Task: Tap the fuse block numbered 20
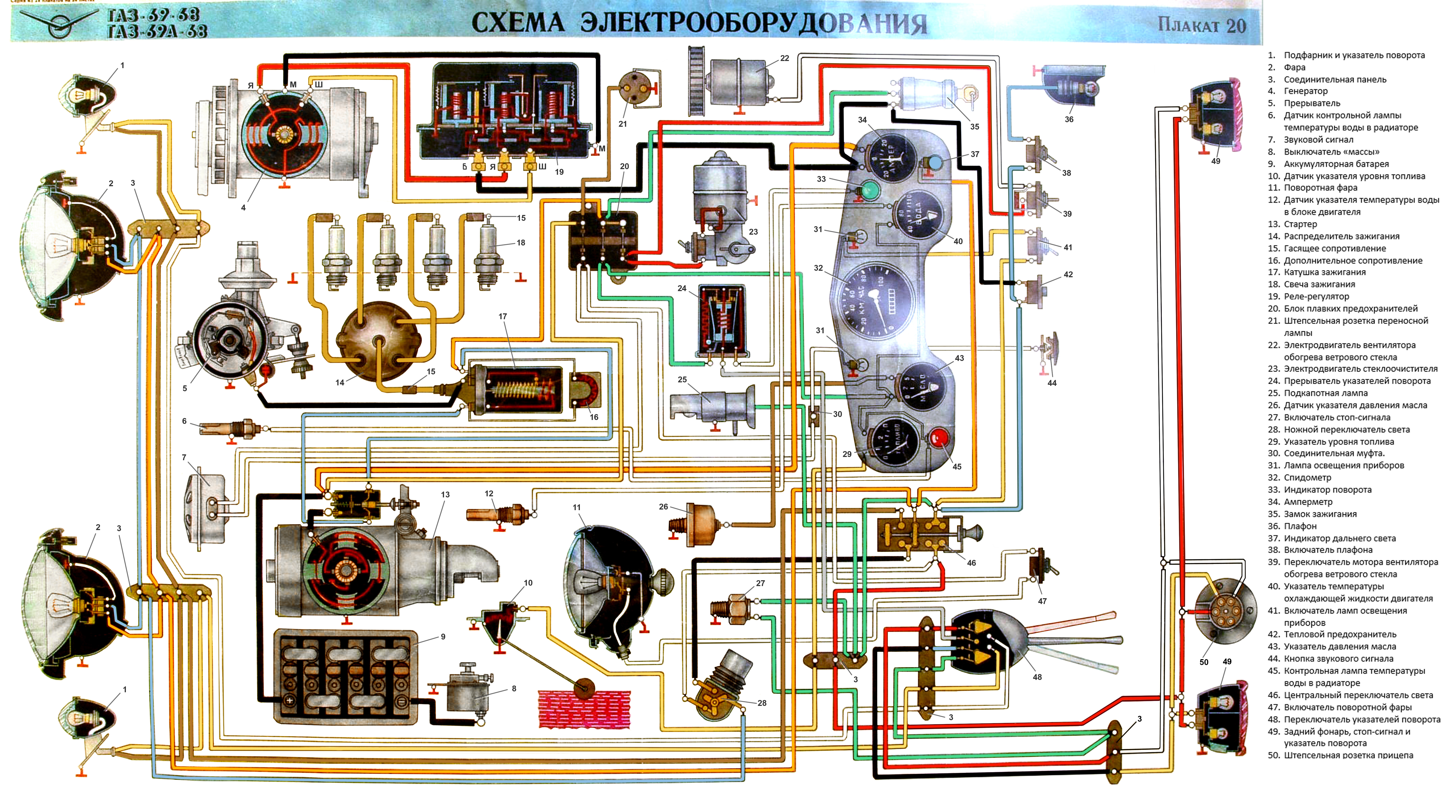pos(603,240)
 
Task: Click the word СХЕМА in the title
pos(517,22)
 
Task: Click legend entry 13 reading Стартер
pos(1300,224)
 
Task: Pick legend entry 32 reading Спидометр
pos(1307,478)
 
